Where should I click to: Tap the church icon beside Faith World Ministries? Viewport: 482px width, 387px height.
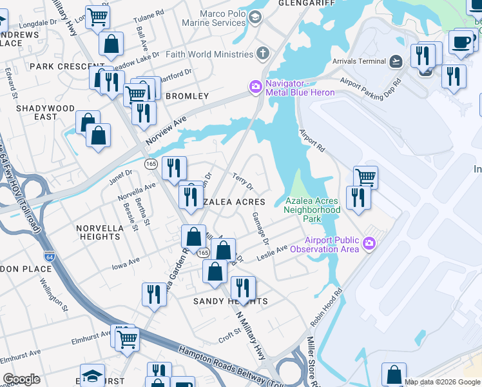click(x=263, y=54)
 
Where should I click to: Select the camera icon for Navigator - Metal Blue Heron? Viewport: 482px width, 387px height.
click(x=256, y=87)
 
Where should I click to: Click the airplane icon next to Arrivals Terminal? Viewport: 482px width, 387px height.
click(x=396, y=61)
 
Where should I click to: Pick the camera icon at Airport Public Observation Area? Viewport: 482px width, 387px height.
click(x=369, y=244)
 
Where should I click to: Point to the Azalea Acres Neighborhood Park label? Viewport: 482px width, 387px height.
click(x=313, y=210)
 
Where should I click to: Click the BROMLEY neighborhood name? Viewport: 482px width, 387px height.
click(x=188, y=96)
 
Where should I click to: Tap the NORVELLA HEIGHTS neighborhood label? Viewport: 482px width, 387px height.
click(x=98, y=232)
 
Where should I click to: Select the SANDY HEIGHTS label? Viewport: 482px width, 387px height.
click(x=230, y=301)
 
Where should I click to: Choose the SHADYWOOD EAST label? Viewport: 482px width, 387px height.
click(x=37, y=112)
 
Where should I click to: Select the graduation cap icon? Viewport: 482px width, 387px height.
click(x=93, y=376)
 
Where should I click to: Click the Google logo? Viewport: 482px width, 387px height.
click(x=21, y=379)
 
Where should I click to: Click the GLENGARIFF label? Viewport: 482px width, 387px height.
click(x=299, y=3)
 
